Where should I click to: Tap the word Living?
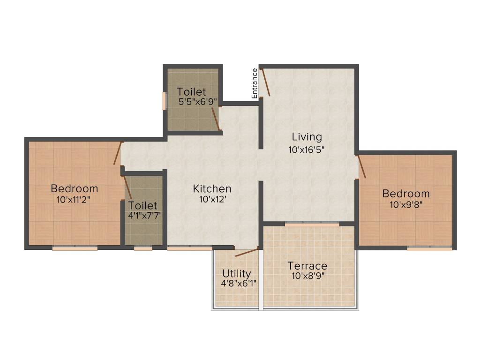307,137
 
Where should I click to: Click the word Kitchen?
212,189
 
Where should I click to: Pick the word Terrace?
307,266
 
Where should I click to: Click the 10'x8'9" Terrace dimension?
307,276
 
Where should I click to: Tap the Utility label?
237,273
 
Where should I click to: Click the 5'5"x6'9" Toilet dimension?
196,101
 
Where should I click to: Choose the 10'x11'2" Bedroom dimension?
73,199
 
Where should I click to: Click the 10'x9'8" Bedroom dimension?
405,204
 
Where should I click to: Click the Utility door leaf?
247,252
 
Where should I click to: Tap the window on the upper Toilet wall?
164,101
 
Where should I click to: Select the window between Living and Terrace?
312,225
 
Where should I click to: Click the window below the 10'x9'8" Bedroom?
429,249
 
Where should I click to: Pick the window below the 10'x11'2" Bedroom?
75,248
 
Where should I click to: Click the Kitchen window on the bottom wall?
189,248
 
